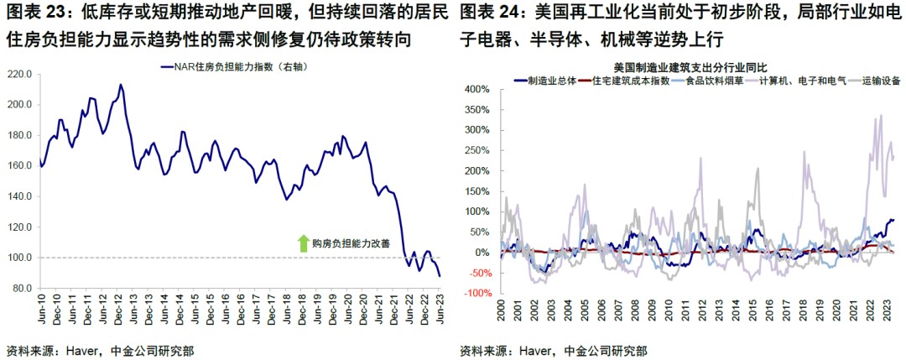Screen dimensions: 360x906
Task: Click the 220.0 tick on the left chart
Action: point(20,74)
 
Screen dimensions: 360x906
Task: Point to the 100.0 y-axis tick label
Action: point(20,258)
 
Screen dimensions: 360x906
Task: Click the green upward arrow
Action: point(303,243)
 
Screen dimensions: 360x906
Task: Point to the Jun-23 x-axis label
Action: point(440,310)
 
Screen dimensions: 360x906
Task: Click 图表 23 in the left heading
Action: point(30,13)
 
